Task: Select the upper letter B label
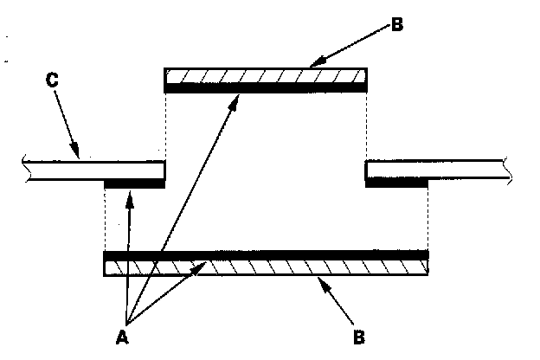tap(396, 24)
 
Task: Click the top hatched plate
tap(266, 77)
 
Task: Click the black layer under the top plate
tap(266, 88)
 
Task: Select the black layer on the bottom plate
tap(266, 256)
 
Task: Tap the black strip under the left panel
tap(134, 183)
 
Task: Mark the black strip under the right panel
tap(396, 183)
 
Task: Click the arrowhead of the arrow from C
tap(77, 157)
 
